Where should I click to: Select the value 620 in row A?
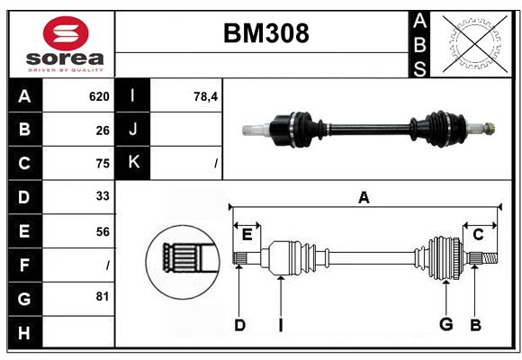pos(98,96)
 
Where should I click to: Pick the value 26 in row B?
pos(102,130)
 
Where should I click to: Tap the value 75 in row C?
pos(102,164)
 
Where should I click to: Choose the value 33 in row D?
pos(102,197)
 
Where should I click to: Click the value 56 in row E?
pos(102,231)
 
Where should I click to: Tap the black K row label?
pos(134,163)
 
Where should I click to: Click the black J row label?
pos(134,130)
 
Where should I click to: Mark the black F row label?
pos(25,265)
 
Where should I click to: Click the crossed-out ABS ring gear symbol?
pos(472,44)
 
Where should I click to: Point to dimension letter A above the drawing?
pos(364,197)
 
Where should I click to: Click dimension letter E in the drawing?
pos(247,235)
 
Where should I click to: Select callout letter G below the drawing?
pos(445,325)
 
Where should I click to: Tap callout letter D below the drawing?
pos(239,325)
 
